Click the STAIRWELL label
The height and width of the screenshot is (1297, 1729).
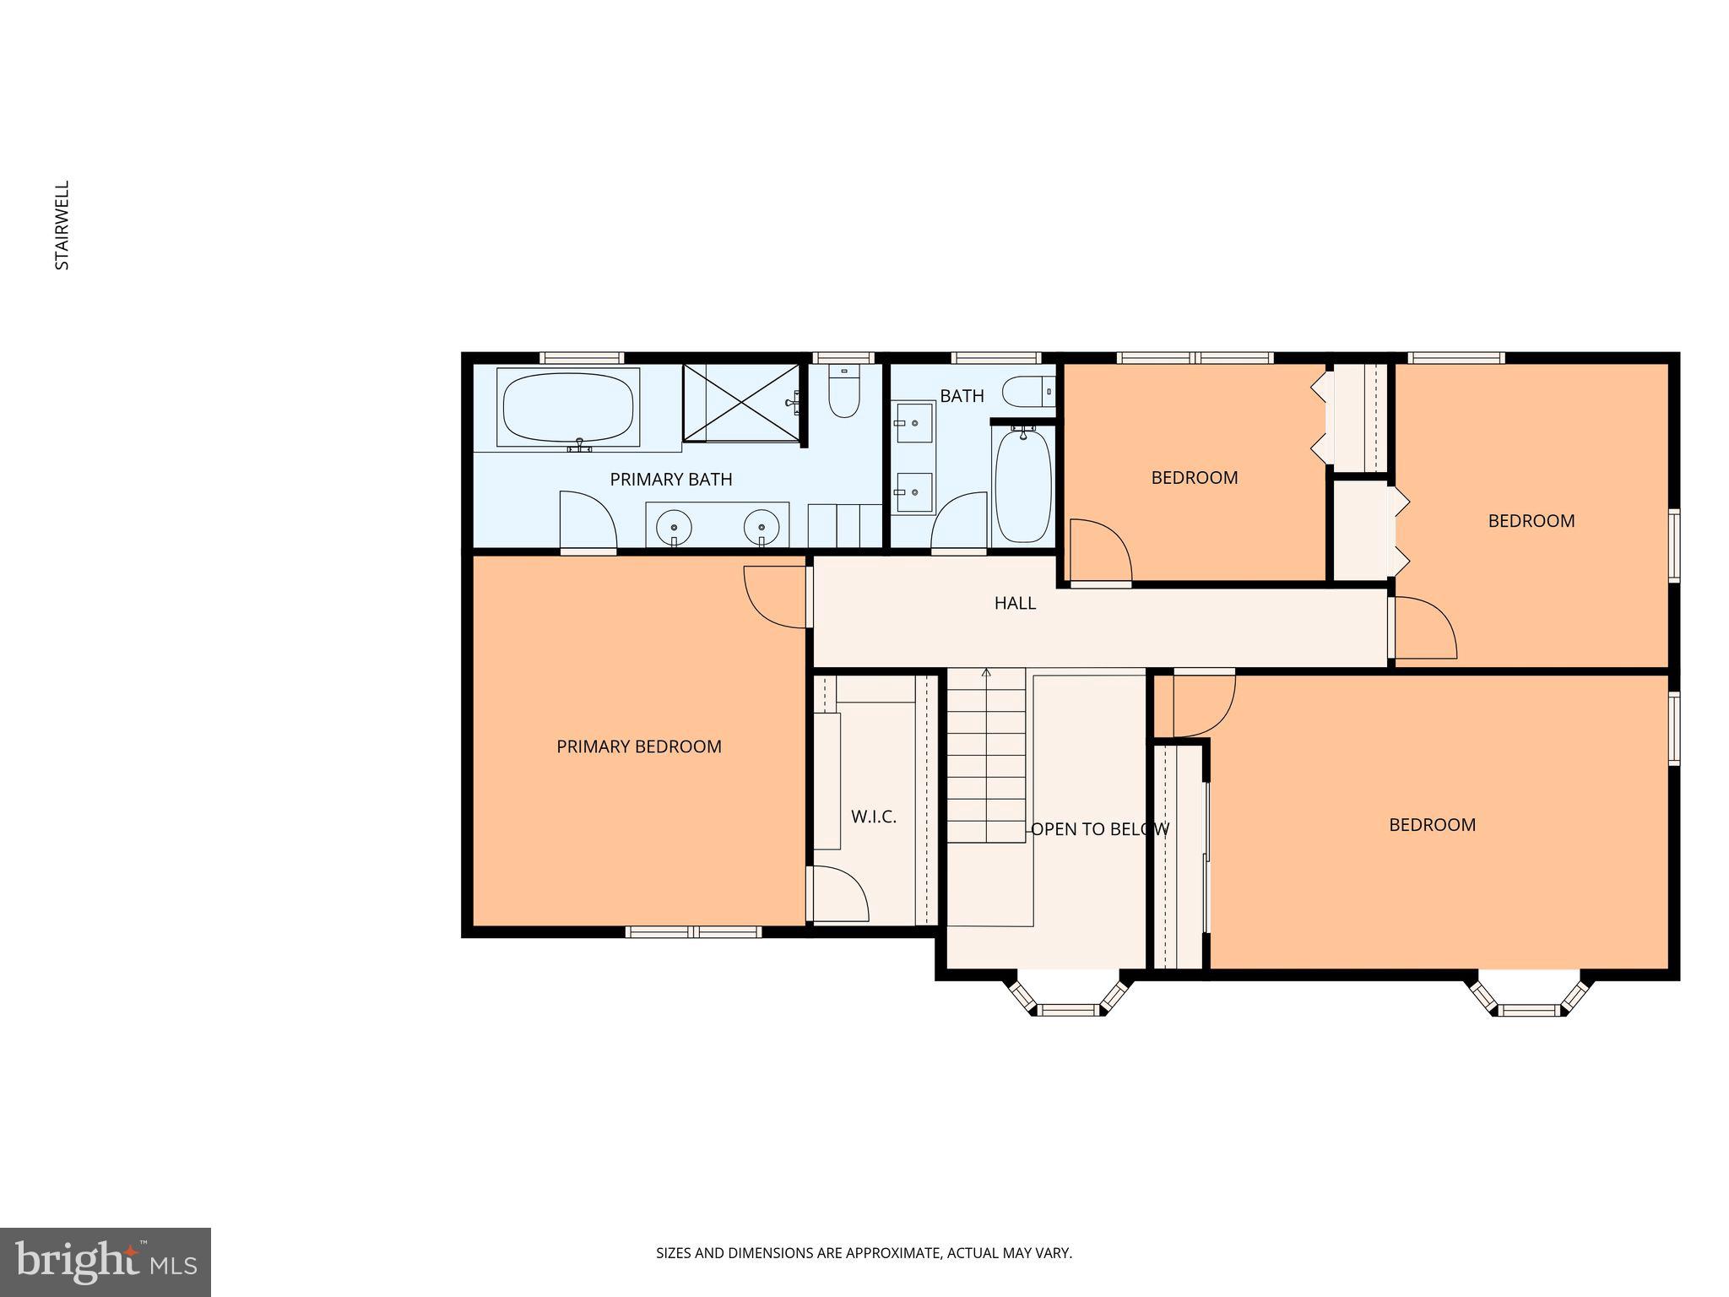(62, 225)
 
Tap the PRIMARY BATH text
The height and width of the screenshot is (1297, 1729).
(670, 480)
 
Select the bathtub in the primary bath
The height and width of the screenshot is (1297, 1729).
(567, 407)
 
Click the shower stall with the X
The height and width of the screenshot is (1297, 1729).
(740, 402)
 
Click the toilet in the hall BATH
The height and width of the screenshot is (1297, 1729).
(1028, 392)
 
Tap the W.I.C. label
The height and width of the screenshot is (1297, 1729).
(873, 817)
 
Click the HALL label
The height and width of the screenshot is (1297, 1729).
(1014, 603)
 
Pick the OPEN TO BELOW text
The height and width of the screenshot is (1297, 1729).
(1099, 829)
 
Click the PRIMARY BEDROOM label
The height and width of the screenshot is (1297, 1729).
(638, 746)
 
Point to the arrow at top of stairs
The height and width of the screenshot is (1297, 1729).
(986, 673)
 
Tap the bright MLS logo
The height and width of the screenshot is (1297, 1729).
(105, 1262)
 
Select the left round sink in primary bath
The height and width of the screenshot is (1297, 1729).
(674, 528)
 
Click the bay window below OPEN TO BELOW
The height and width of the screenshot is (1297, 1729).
(1068, 1000)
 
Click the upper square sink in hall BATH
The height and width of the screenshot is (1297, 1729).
(914, 422)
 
